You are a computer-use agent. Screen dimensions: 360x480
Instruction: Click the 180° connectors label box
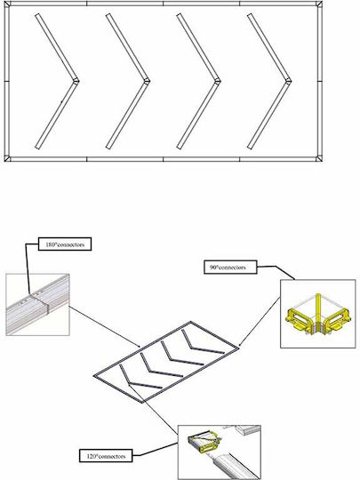coord(65,244)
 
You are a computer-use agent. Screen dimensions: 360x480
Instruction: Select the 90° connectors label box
coord(230,268)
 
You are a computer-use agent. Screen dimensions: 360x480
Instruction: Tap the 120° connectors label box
coord(106,455)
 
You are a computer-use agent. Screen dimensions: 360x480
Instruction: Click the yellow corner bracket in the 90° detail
coord(318,317)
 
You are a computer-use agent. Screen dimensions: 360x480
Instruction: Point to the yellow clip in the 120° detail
coord(204,441)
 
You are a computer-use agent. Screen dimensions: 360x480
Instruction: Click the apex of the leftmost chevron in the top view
coord(76,82)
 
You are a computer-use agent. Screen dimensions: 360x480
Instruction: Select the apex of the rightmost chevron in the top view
coord(288,82)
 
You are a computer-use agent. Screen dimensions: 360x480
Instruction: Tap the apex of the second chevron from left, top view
coord(147,82)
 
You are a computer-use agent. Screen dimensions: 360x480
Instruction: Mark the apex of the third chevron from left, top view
coord(218,82)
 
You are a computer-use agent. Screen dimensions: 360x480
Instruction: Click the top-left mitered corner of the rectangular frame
coord(7,4)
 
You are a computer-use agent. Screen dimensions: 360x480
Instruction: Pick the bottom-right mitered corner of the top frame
coord(319,159)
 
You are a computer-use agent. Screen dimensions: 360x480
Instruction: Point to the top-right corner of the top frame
coord(319,4)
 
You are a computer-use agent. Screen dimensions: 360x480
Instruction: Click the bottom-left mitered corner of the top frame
coord(7,159)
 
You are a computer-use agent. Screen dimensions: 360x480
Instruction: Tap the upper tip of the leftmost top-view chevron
coord(37,15)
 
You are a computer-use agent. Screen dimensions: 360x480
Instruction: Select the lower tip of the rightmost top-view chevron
coord(250,148)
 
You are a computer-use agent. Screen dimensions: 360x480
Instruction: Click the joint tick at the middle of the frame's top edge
coord(164,4)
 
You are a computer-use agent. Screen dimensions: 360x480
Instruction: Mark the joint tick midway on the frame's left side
coord(7,82)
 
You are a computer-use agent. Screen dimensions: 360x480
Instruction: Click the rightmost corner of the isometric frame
coord(237,348)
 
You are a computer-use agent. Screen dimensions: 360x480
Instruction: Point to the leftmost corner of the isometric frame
coord(95,376)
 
